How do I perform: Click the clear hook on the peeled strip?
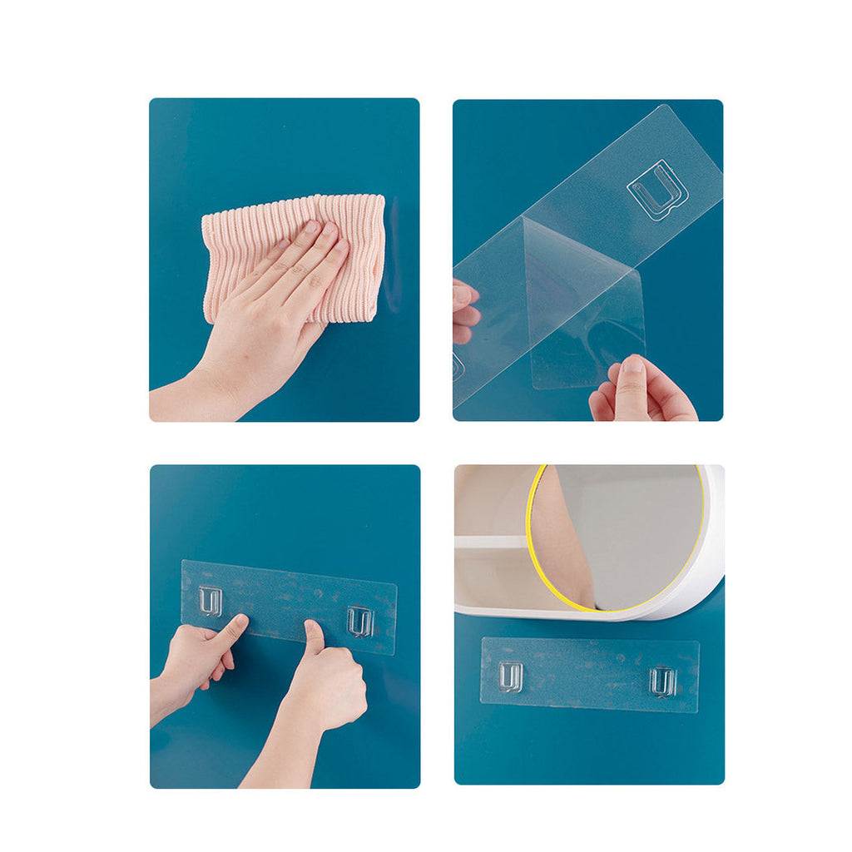click(657, 190)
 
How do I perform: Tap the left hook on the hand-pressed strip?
click(210, 600)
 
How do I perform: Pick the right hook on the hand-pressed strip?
click(359, 621)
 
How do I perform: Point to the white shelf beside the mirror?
click(490, 542)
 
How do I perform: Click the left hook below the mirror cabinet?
click(510, 676)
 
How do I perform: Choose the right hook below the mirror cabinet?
click(662, 681)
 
